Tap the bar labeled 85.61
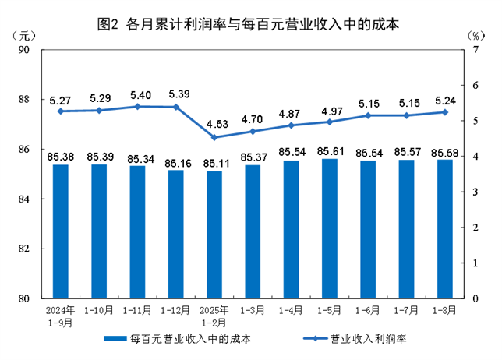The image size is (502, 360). [330, 228]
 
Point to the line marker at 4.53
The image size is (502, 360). [214, 138]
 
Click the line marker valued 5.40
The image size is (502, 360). [138, 106]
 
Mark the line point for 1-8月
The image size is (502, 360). [445, 112]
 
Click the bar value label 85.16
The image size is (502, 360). [176, 163]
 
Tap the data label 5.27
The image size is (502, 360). [61, 100]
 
